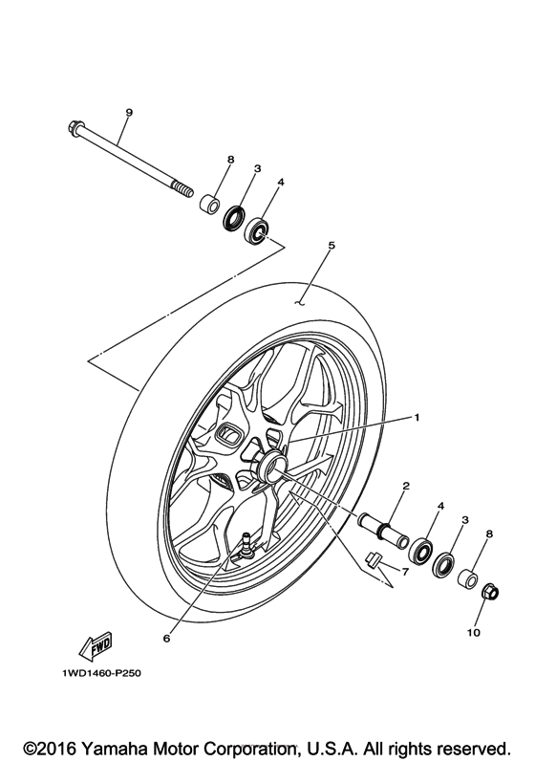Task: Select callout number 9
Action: pyautogui.click(x=128, y=113)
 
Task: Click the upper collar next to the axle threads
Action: pyautogui.click(x=208, y=204)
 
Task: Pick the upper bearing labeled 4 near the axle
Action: pyautogui.click(x=258, y=230)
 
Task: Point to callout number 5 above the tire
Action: pyautogui.click(x=331, y=245)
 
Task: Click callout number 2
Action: pyautogui.click(x=405, y=486)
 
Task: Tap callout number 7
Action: pyautogui.click(x=404, y=572)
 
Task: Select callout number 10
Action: pyautogui.click(x=474, y=632)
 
